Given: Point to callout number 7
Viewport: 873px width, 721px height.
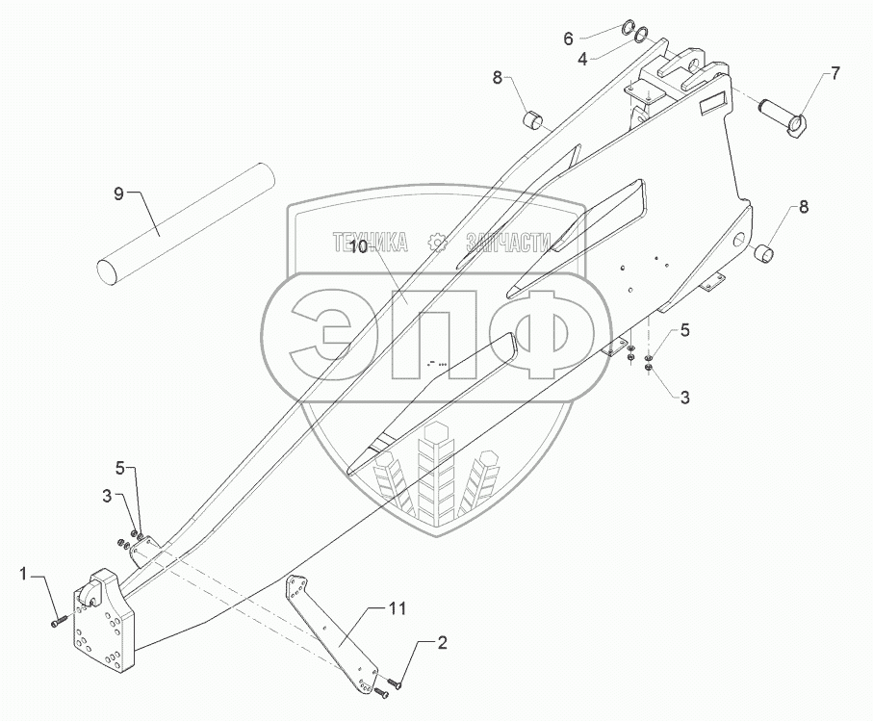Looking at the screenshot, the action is point(834,73).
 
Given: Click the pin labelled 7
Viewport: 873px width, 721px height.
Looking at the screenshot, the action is point(781,115).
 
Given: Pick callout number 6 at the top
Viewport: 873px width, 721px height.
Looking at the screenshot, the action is point(568,39).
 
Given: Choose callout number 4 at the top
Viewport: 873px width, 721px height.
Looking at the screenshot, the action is point(582,60).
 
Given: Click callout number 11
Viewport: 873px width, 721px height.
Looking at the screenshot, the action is point(398,608).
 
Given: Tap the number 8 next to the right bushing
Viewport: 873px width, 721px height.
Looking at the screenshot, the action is point(803,207).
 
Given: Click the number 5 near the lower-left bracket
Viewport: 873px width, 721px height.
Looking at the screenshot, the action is point(120,469).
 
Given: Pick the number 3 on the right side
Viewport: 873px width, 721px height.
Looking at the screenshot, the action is point(684,396).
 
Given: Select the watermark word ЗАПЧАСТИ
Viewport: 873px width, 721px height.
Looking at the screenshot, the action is point(506,242).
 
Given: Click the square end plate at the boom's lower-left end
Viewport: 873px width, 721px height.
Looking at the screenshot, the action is point(104,625).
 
